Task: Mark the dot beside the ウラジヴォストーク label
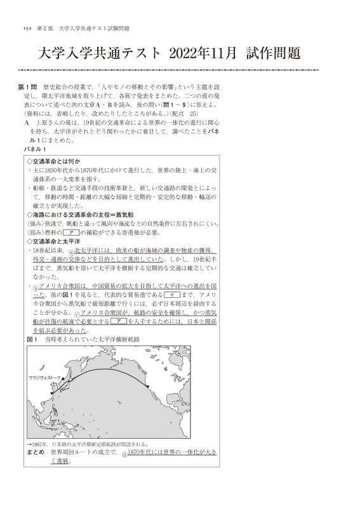pyautogui.click(x=63, y=377)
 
